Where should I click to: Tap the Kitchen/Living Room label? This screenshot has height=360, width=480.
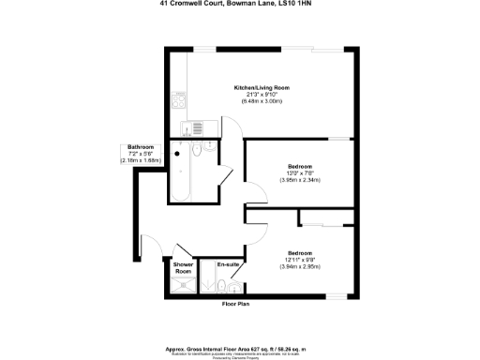click(x=262, y=87)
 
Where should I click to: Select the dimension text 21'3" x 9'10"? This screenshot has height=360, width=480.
click(x=262, y=95)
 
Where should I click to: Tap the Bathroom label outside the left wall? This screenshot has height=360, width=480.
click(x=141, y=147)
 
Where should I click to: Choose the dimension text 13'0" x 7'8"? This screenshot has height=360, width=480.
click(x=300, y=173)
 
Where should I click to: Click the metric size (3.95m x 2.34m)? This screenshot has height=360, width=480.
click(x=300, y=181)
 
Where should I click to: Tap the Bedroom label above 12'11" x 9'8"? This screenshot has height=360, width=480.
click(x=300, y=254)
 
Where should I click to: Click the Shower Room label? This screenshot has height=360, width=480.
click(x=183, y=267)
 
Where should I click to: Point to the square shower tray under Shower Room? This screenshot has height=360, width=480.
click(x=186, y=285)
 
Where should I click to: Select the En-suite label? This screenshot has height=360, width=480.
click(x=227, y=265)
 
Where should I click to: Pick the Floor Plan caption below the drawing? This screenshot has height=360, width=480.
click(x=233, y=305)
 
